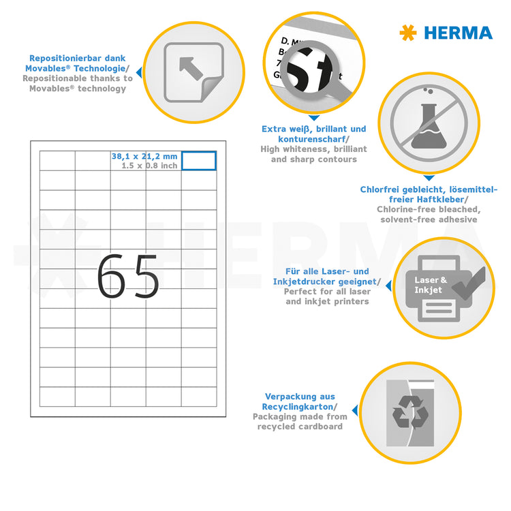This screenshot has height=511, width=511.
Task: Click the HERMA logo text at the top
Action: tap(457, 33)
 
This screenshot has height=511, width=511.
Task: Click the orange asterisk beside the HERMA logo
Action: tap(407, 32)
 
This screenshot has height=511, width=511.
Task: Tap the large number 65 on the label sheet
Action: tap(127, 277)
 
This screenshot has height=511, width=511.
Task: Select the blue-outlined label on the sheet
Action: tap(199, 161)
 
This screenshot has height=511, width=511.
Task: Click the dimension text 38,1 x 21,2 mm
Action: tap(144, 156)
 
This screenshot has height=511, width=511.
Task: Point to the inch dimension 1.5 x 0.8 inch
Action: tap(149, 166)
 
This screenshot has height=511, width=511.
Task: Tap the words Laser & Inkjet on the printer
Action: tap(431, 285)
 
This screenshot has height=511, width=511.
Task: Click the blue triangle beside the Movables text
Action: tap(139, 71)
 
